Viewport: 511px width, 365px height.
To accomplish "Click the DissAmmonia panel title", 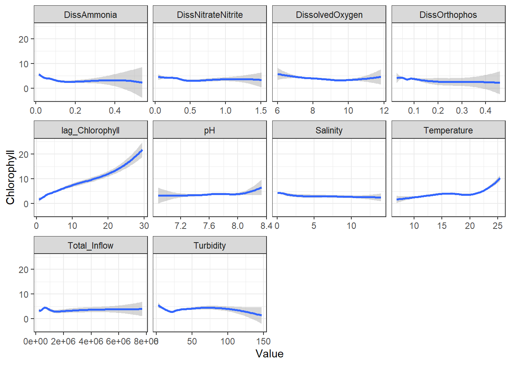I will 90,15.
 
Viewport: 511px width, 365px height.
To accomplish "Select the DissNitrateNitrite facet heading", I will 210,15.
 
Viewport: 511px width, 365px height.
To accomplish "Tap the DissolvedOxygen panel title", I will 329,15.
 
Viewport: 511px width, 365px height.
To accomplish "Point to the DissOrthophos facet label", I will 448,15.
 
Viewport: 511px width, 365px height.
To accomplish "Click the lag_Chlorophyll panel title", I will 90,130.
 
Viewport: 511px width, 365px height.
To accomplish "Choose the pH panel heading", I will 210,130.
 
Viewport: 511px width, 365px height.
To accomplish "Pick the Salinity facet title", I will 329,130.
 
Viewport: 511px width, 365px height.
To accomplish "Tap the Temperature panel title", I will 448,130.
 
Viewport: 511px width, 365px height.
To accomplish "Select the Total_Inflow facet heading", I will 90,246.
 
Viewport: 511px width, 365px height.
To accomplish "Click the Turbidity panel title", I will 210,246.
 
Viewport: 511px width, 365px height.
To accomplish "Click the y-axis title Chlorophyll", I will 10,178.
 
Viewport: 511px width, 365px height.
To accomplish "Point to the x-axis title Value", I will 270,354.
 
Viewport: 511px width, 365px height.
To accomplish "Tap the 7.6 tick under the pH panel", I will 209,226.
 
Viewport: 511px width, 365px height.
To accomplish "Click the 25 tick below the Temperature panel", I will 498,226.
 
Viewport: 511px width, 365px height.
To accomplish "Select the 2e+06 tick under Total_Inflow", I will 63,341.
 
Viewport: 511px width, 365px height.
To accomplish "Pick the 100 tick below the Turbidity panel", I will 228,341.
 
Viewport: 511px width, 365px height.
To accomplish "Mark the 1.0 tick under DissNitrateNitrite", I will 225,111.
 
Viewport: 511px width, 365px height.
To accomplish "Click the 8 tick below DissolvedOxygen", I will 313,111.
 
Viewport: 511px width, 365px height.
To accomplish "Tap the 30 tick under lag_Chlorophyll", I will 144,226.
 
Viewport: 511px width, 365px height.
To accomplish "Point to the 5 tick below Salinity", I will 314,226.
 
